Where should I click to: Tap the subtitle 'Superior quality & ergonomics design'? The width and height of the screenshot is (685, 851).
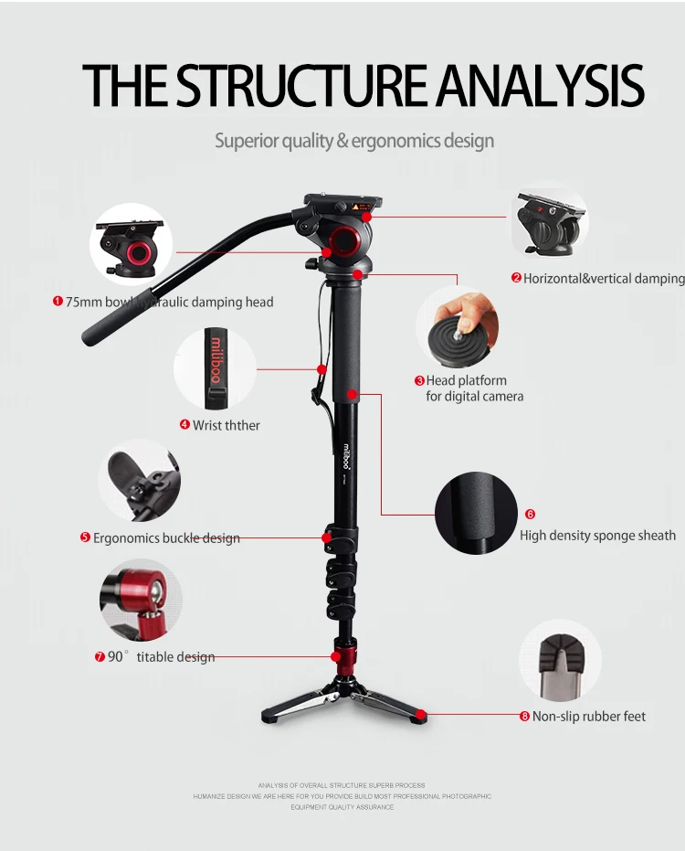[354, 141]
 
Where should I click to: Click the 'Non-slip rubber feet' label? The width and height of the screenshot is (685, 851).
[589, 717]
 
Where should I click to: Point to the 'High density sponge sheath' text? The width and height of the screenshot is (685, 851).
[597, 536]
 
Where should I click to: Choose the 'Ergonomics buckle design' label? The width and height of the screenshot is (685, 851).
[166, 538]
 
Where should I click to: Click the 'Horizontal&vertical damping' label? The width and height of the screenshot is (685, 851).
[604, 279]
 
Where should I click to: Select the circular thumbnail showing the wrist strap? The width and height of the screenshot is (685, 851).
[216, 368]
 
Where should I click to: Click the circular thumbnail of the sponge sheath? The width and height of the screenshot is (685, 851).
[476, 513]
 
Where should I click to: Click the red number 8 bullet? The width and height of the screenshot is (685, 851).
[525, 717]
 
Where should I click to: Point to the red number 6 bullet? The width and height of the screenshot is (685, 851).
[530, 515]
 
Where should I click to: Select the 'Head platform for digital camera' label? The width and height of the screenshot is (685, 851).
[473, 388]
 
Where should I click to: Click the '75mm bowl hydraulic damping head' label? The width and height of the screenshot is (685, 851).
[169, 302]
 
